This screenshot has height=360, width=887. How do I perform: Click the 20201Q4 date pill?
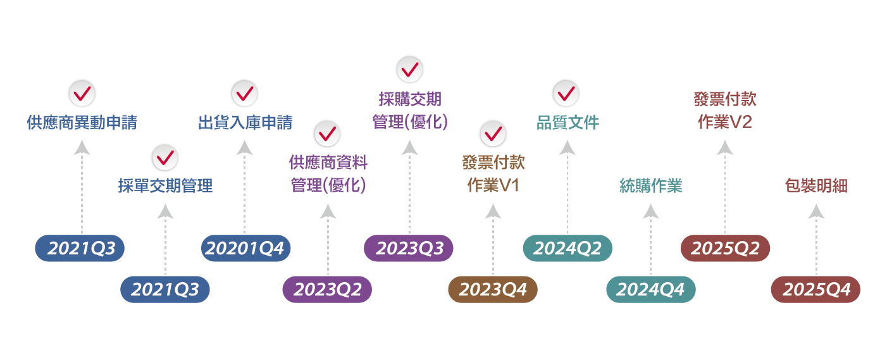(245, 248)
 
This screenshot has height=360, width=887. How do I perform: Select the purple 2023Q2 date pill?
(327, 290)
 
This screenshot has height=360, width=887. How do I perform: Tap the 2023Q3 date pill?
(409, 248)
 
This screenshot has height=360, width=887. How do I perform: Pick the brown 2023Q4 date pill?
(492, 290)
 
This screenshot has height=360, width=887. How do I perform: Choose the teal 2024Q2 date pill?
(567, 248)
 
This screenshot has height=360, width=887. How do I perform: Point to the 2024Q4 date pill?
(650, 290)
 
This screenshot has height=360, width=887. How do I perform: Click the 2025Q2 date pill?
(725, 248)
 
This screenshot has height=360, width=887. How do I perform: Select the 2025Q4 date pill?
(815, 290)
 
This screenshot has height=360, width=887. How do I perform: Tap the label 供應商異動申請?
(82, 123)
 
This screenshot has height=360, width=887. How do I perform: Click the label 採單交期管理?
(165, 186)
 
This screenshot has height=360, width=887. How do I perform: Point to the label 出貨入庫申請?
(245, 123)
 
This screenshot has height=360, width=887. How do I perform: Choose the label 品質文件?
(568, 123)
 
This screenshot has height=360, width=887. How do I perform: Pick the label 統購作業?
(650, 186)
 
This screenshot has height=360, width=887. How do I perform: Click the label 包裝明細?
(816, 186)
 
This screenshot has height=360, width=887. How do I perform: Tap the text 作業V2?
(724, 122)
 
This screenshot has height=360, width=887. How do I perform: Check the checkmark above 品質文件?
(566, 93)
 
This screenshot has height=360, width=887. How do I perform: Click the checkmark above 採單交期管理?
(164, 158)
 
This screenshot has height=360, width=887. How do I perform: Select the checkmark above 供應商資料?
(327, 133)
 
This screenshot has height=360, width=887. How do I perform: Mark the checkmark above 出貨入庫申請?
(244, 94)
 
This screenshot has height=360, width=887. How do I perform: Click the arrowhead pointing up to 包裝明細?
(816, 211)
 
